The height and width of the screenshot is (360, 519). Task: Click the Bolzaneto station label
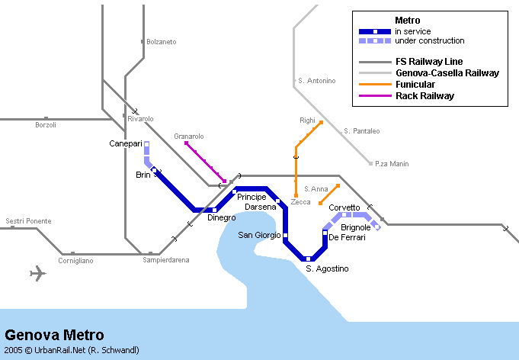[x=161, y=41]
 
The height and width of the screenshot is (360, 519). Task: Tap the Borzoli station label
[x=46, y=125]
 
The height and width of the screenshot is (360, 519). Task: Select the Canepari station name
[x=126, y=143]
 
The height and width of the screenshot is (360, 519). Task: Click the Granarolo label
[x=189, y=136]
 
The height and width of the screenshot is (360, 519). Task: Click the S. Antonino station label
[x=316, y=81]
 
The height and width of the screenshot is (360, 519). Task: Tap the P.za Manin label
[x=392, y=164]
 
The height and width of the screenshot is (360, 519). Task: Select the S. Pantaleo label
[x=361, y=131]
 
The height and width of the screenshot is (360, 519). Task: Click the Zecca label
[x=300, y=202]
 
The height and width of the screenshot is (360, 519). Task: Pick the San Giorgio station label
[x=259, y=235]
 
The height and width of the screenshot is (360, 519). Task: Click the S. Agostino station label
[x=327, y=268]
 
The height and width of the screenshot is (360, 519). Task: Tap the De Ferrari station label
[x=347, y=238]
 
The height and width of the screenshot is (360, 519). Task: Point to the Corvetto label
[x=344, y=207]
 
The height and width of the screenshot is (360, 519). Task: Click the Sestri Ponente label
[x=28, y=221]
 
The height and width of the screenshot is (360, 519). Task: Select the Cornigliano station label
[x=75, y=261]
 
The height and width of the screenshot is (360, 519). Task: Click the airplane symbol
[x=37, y=274]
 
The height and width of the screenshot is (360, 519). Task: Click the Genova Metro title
[x=54, y=335]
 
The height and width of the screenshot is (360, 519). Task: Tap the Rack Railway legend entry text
[x=424, y=96]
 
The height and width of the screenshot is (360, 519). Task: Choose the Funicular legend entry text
[x=415, y=84]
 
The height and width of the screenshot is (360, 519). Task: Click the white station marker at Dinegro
[x=215, y=210]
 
